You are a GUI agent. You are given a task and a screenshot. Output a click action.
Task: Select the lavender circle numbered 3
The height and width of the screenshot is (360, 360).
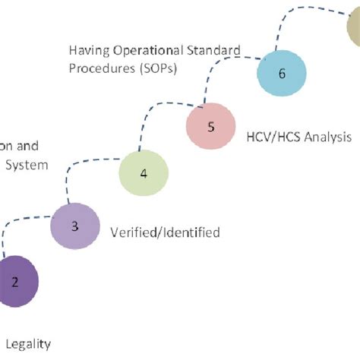click(x=74, y=226)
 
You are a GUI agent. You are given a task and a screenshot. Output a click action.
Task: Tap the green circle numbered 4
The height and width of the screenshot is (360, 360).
click(x=144, y=174)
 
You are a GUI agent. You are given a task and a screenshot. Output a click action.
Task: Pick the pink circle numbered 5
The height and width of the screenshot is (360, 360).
click(x=210, y=126)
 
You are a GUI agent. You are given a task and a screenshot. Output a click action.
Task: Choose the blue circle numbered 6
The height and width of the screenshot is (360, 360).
click(x=281, y=74)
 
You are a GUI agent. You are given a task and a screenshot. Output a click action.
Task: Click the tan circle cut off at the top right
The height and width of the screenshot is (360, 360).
click(x=353, y=30)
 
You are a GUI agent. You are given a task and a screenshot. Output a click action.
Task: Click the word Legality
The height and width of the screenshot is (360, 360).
click(x=30, y=343)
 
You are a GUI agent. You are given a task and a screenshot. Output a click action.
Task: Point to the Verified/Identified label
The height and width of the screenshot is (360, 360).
click(x=166, y=232)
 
